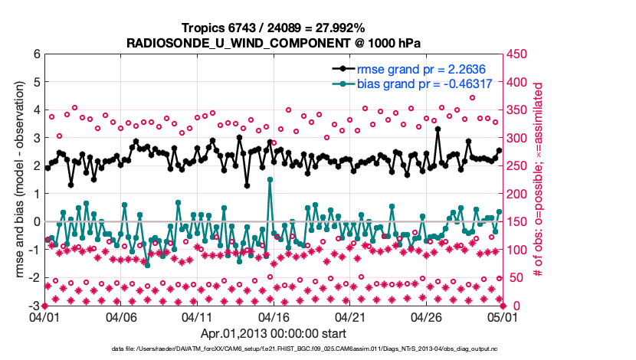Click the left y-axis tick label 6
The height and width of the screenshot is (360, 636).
point(36,54)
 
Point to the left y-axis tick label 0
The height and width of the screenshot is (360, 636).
point(36,222)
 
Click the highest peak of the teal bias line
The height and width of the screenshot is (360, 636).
point(270,179)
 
